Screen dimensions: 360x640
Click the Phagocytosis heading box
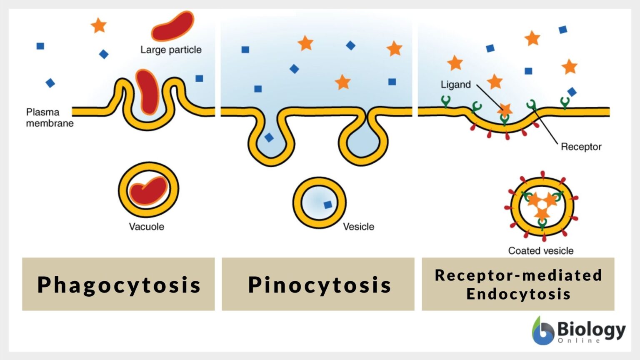click(118, 284)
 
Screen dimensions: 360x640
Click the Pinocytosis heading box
click(318, 284)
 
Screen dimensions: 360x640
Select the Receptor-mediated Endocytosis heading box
click(518, 284)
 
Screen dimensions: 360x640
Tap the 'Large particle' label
click(171, 50)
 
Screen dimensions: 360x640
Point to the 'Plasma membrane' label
click(49, 117)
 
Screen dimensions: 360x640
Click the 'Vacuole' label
click(146, 227)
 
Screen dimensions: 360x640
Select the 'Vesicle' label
click(358, 227)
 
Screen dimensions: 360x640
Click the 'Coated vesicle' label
click(540, 251)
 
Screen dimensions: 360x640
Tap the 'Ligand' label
click(455, 85)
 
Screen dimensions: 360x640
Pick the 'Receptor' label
click(581, 147)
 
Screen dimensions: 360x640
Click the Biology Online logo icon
click(542, 331)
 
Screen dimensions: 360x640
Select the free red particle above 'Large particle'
click(173, 26)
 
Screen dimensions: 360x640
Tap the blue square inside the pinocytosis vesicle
click(328, 205)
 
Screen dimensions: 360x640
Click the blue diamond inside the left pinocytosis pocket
click(269, 137)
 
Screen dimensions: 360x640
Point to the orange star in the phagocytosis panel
click(99, 25)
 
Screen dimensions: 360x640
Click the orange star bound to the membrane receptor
click(505, 110)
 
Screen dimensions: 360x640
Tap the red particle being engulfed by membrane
click(147, 92)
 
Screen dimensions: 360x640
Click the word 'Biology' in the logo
click(591, 329)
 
